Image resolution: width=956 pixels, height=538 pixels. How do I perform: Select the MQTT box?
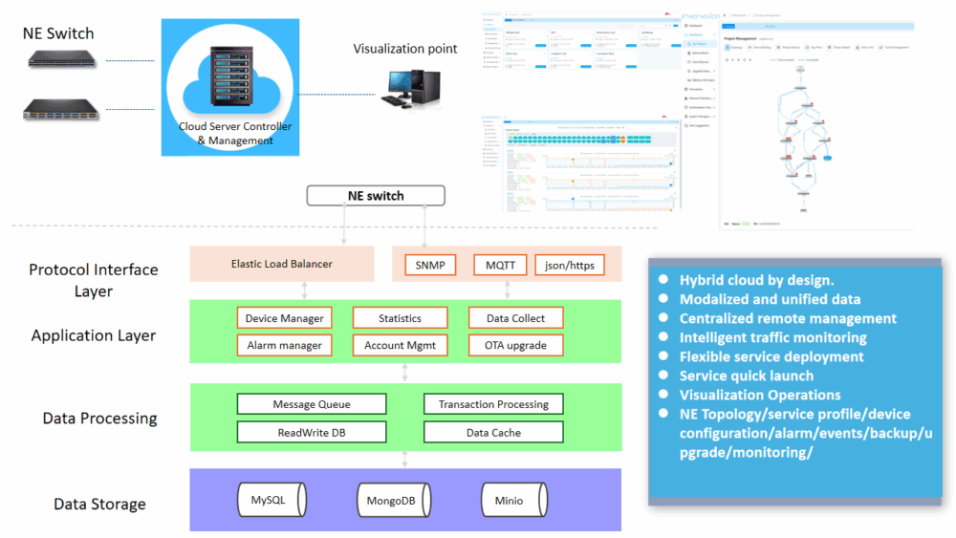pyautogui.click(x=500, y=264)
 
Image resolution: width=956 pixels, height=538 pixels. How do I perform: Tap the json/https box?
pyautogui.click(x=569, y=264)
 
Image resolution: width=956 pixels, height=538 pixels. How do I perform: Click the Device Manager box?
pyautogui.click(x=284, y=318)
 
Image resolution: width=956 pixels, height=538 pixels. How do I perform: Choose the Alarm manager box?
pyautogui.click(x=284, y=345)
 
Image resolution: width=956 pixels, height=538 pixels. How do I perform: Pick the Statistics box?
pyautogui.click(x=400, y=318)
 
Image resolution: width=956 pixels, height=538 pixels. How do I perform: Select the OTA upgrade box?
pyautogui.click(x=515, y=345)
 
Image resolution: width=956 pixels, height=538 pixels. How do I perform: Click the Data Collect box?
pyautogui.click(x=515, y=318)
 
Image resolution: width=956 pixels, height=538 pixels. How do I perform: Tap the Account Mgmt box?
pyautogui.click(x=400, y=345)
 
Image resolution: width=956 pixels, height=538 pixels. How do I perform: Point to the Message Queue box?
pyautogui.click(x=312, y=404)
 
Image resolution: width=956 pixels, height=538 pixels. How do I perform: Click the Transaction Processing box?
pyautogui.click(x=493, y=404)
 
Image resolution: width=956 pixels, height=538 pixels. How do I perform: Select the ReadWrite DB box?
pyautogui.click(x=312, y=433)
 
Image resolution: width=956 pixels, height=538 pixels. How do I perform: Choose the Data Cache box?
pyautogui.click(x=493, y=433)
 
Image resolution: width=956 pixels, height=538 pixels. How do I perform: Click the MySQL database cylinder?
pyautogui.click(x=272, y=500)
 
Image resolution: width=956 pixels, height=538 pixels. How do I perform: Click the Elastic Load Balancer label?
pyautogui.click(x=282, y=264)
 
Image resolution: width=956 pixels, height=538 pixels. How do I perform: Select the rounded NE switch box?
pyautogui.click(x=375, y=196)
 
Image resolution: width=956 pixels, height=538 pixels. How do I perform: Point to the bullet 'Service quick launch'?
pyautogui.click(x=746, y=376)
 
